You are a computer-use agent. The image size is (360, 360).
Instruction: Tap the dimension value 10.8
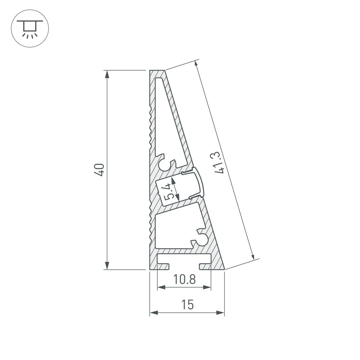[184, 279]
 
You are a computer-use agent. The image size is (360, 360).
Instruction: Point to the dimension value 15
[187, 305]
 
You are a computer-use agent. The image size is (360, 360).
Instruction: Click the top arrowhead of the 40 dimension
[107, 74]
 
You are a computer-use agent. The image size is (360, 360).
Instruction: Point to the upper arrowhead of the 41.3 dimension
[197, 64]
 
